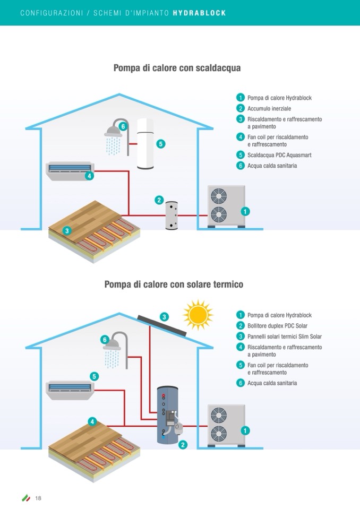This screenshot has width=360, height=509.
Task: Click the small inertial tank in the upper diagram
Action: point(172,215)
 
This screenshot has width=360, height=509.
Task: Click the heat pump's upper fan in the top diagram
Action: point(219,196)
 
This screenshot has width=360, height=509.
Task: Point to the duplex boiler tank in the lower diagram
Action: point(169,415)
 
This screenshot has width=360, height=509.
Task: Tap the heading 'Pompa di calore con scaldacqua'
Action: point(177,68)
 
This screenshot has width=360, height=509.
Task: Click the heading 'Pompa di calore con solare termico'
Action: point(174,284)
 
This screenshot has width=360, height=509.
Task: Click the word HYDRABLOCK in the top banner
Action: point(199,13)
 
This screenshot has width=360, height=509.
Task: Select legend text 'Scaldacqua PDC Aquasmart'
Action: point(279,155)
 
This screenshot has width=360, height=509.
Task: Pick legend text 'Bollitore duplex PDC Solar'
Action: point(277,326)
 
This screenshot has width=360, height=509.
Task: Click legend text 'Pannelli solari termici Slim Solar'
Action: point(284,337)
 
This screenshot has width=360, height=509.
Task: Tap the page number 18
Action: point(38,498)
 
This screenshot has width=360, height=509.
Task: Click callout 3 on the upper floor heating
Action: point(67,231)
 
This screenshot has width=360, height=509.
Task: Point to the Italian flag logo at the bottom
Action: point(25,498)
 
